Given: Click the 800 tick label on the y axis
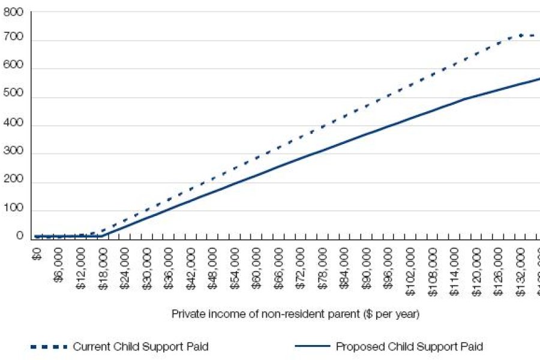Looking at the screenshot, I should click(x=13, y=12).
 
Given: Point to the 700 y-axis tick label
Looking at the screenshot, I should click(x=13, y=40).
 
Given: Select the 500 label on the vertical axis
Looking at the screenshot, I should click(x=13, y=97).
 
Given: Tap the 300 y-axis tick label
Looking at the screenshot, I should click(x=13, y=154).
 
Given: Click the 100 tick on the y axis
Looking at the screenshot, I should click(x=13, y=211).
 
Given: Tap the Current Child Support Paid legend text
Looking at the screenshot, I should click(x=141, y=346).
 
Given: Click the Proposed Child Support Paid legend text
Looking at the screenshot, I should click(x=409, y=346).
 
